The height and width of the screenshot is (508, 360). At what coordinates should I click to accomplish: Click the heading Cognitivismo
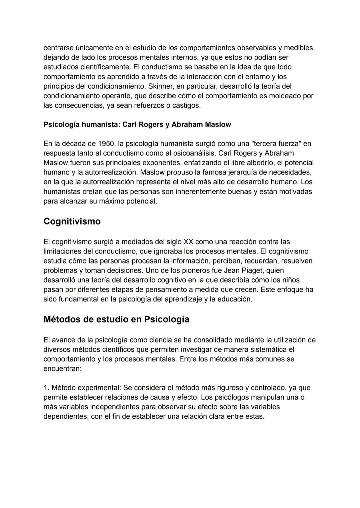72,222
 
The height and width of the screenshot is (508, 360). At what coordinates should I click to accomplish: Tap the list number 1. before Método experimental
46,388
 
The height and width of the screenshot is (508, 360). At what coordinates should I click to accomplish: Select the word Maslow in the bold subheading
218,125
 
